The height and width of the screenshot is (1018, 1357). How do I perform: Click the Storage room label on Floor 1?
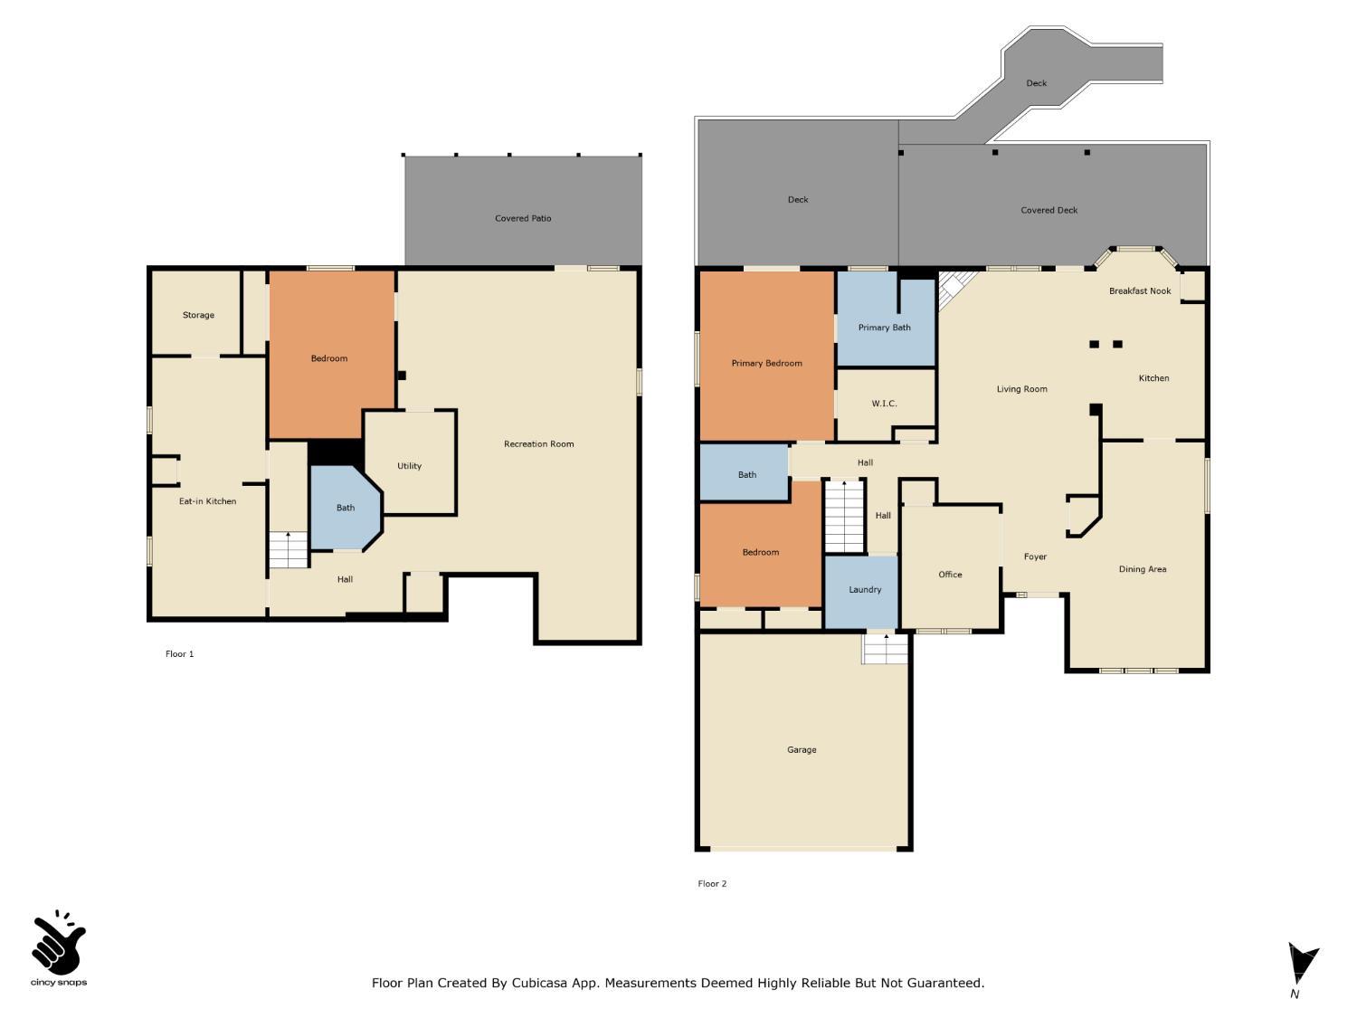(198, 315)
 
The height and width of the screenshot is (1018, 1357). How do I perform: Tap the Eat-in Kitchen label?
(207, 501)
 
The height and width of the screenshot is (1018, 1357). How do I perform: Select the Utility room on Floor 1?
(409, 466)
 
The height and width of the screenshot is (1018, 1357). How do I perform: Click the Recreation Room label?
(538, 444)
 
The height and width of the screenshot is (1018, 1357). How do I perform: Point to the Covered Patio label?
(523, 218)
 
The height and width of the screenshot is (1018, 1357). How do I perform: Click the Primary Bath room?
(884, 328)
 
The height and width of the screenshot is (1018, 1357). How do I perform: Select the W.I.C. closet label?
(884, 404)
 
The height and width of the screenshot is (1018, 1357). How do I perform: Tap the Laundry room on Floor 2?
(864, 590)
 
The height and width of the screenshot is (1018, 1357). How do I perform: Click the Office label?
(950, 575)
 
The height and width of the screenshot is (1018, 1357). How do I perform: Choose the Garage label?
(802, 750)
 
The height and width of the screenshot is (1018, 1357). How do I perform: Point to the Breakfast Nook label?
(1140, 291)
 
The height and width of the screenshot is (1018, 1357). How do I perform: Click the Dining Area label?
(1142, 570)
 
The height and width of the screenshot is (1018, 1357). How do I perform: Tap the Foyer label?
(1035, 557)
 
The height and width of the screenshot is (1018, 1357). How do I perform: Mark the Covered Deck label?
(1049, 211)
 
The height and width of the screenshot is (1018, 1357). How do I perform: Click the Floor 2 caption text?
(712, 884)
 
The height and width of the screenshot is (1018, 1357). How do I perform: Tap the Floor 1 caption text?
(179, 654)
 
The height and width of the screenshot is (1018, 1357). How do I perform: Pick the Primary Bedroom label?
(766, 364)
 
